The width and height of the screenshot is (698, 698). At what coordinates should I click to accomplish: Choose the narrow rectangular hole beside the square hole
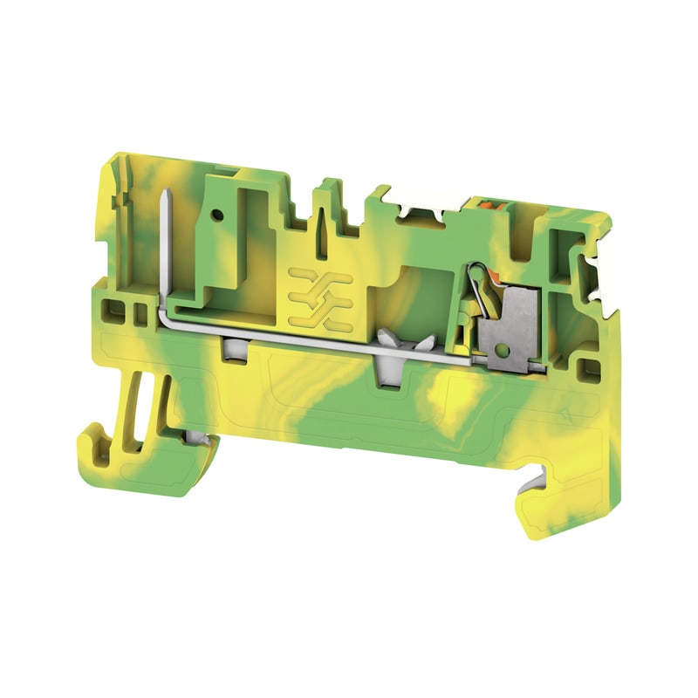135,311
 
